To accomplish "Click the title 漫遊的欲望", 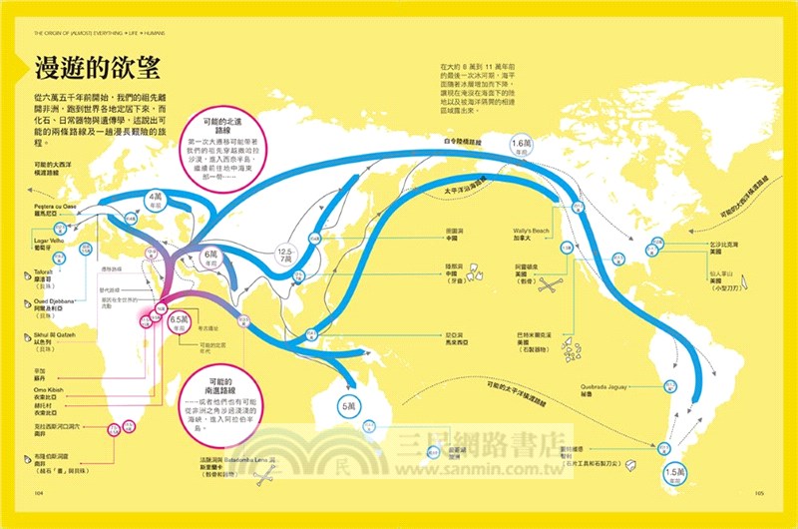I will (x=90, y=69).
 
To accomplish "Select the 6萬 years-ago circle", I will (x=212, y=258).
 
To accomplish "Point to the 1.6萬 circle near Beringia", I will (x=523, y=147).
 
